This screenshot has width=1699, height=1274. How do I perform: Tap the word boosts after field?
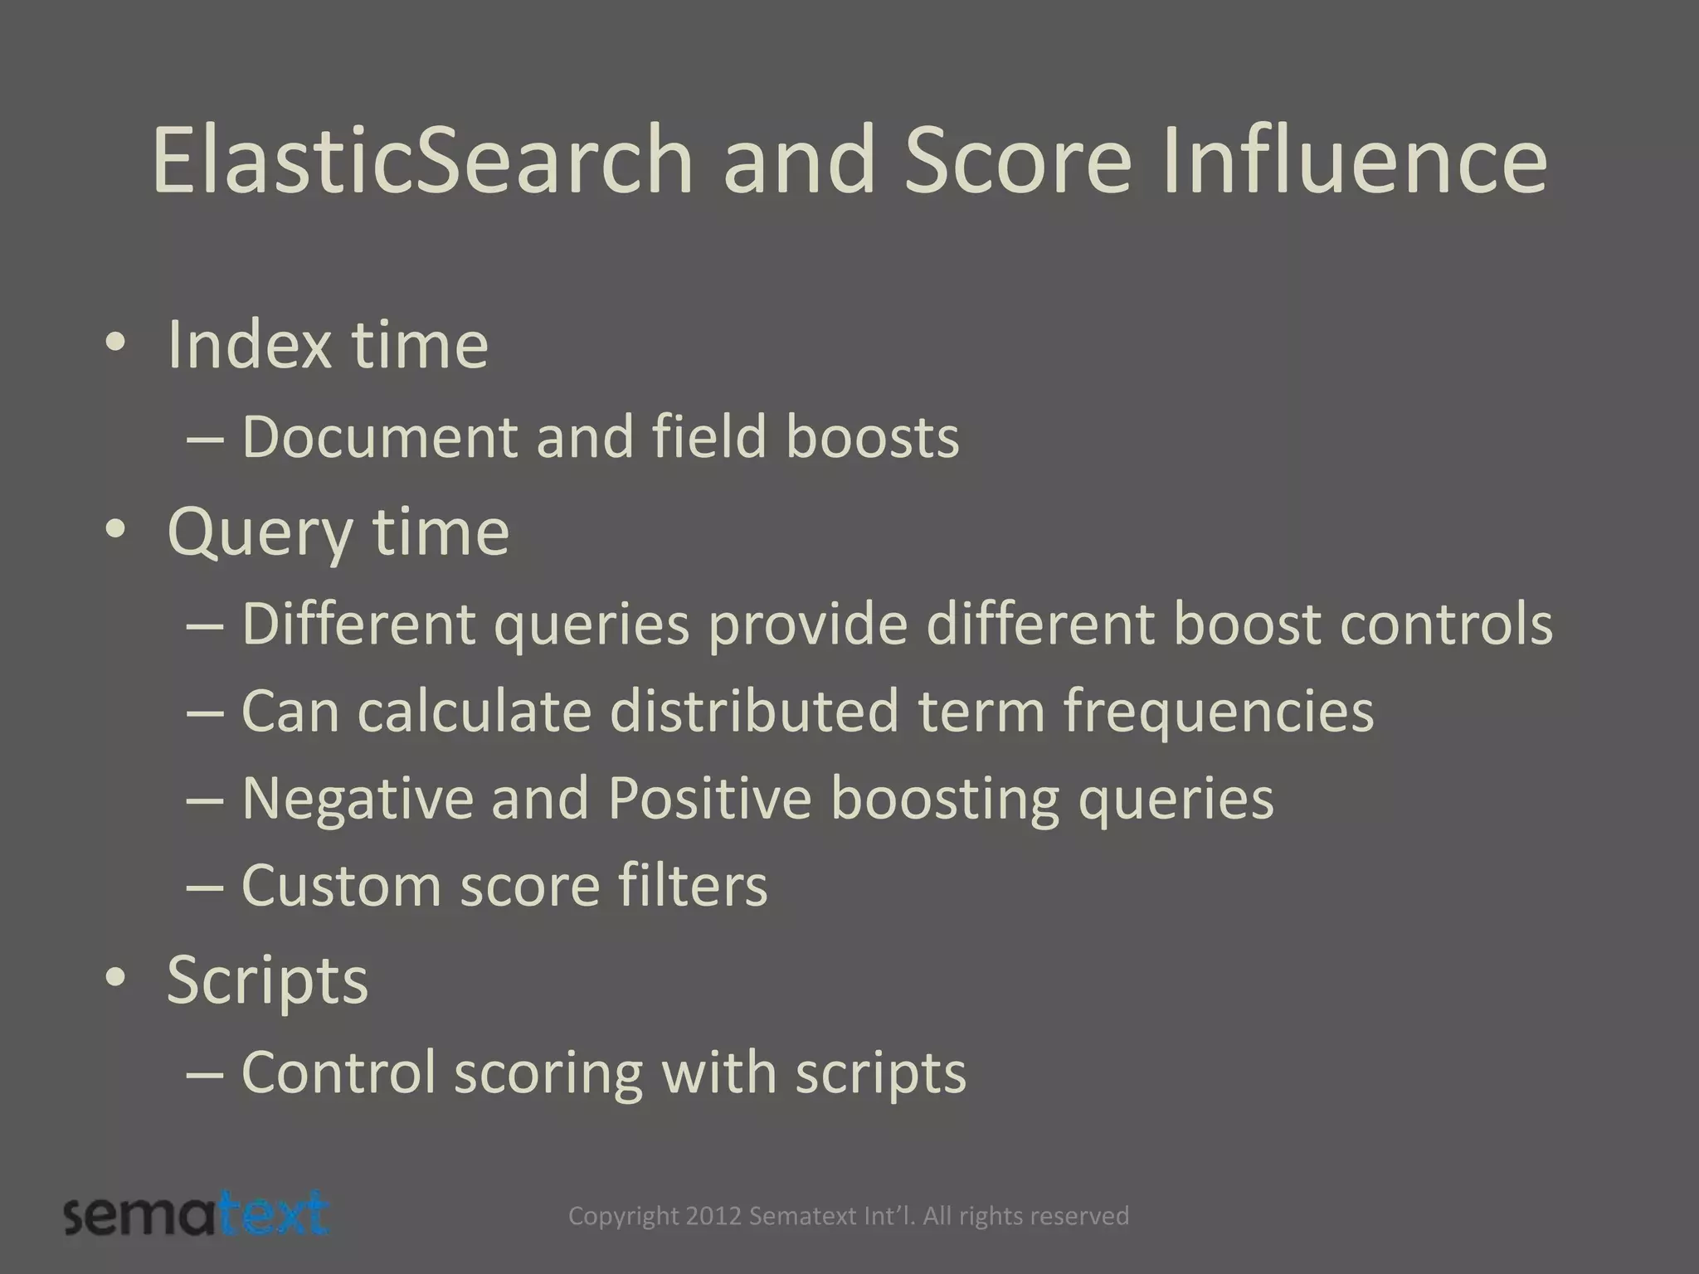(x=872, y=437)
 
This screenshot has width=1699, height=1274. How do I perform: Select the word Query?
(x=260, y=532)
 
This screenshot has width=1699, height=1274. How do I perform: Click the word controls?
(x=1445, y=624)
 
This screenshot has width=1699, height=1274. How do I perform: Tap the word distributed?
(x=754, y=711)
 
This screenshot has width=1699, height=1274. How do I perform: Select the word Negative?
(x=357, y=798)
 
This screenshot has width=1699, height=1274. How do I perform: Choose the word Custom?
(x=341, y=885)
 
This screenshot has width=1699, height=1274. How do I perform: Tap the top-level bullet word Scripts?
(x=267, y=980)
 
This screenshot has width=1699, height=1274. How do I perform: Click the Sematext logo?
(x=197, y=1215)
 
